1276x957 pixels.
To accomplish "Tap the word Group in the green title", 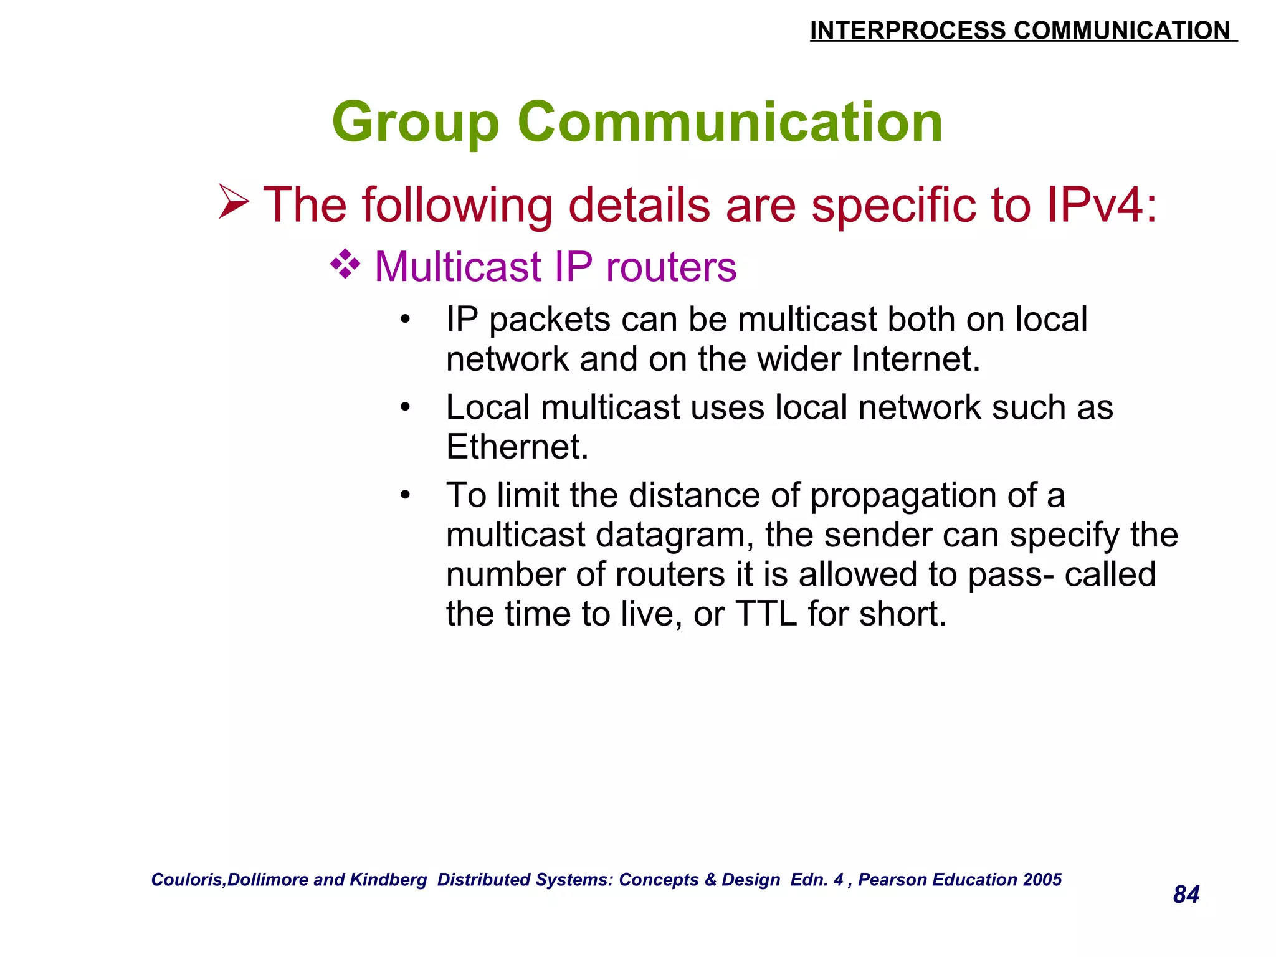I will pyautogui.click(x=416, y=123).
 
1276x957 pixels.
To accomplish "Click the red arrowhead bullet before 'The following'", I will pyautogui.click(x=234, y=202).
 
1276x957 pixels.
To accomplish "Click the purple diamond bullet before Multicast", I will pyautogui.click(x=345, y=264).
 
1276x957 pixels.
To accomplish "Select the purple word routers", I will pyautogui.click(x=671, y=267).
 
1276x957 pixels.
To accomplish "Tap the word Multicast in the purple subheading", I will pyautogui.click(x=458, y=267).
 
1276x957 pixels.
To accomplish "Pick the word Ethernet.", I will pyautogui.click(x=517, y=447).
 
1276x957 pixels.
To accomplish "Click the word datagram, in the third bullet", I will pyautogui.click(x=675, y=535).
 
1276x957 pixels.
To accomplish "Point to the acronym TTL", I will pyautogui.click(x=766, y=614).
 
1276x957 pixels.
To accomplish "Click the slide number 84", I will pyautogui.click(x=1186, y=895).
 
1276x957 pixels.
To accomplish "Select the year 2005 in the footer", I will pyautogui.click(x=1042, y=880).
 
